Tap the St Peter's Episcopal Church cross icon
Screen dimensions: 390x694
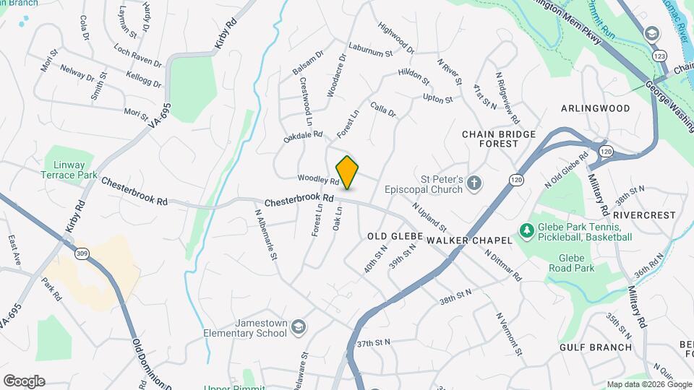[x=474, y=183]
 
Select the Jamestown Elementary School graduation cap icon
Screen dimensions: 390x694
[x=298, y=329]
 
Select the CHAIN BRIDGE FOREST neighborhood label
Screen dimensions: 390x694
[x=499, y=139]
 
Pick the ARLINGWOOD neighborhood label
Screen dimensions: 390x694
[x=596, y=108]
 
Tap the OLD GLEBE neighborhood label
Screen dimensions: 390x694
[x=390, y=236]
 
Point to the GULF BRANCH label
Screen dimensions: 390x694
[x=596, y=347]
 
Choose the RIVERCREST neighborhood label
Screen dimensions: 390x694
[x=643, y=215]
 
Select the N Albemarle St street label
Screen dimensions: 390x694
[x=265, y=235]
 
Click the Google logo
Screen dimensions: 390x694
[x=24, y=381]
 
